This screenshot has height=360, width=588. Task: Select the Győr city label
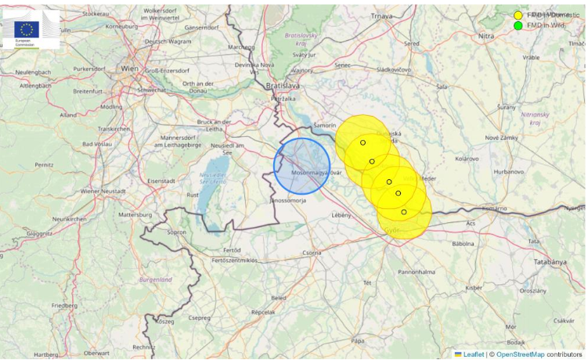coord(391,230)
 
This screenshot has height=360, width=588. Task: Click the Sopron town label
coord(177,232)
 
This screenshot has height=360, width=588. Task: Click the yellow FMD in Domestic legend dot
coord(518,15)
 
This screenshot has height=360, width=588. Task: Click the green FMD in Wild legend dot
coord(518,26)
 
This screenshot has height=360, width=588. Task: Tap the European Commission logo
coord(30,30)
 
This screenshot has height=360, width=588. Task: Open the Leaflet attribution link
coord(473,355)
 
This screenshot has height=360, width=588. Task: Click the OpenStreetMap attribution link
coord(521,355)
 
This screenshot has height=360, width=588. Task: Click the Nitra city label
coord(487,36)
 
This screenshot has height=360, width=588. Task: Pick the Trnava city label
coord(381,16)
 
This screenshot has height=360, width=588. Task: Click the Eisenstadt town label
coord(161,181)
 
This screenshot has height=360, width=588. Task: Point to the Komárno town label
coord(494,208)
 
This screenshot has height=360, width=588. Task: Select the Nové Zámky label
coord(503,138)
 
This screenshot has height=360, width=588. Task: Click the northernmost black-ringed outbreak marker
coord(363,142)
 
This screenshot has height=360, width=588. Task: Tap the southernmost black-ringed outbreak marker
coord(404,212)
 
